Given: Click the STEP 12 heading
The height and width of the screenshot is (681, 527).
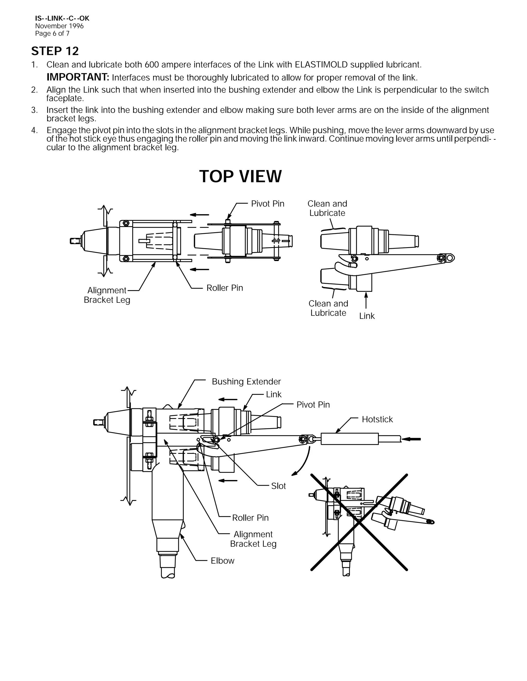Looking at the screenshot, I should pos(55,51).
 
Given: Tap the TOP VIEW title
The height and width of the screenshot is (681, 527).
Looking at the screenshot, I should pos(240,177).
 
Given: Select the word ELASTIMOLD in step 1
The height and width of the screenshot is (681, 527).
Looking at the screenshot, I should pos(321,65).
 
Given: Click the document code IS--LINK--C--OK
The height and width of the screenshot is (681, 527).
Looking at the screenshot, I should pos(62,19).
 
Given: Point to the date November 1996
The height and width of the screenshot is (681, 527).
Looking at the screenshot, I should pos(59,26).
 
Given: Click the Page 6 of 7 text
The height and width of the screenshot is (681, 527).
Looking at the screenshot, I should pos(52,34).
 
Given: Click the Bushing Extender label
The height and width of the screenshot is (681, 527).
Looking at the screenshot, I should pos(246,382).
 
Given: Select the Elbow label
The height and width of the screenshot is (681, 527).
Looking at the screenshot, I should pos(222,561).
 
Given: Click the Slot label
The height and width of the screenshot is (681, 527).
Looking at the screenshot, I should pos(278,486).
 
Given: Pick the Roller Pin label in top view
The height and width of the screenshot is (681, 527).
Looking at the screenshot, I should pos(224,288).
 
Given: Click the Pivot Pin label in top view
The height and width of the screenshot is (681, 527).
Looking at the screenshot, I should pos(268,204).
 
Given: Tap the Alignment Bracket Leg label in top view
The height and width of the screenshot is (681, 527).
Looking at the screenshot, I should pos(107,295).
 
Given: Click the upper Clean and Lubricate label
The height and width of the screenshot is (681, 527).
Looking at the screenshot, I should pos(327,208).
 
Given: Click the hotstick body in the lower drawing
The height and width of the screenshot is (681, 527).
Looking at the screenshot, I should pos(349,439).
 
